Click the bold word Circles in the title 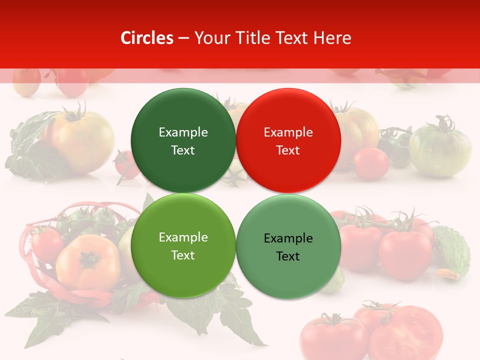click(147, 38)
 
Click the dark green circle click(183, 140)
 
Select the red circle click(288, 140)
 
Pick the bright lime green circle click(183, 245)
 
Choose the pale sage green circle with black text click(288, 246)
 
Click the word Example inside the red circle click(288, 132)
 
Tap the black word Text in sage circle click(287, 256)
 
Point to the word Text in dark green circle click(183, 150)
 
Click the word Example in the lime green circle click(183, 237)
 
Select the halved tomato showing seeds click(407, 332)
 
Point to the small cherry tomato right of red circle click(371, 163)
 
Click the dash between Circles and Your click(183, 38)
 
